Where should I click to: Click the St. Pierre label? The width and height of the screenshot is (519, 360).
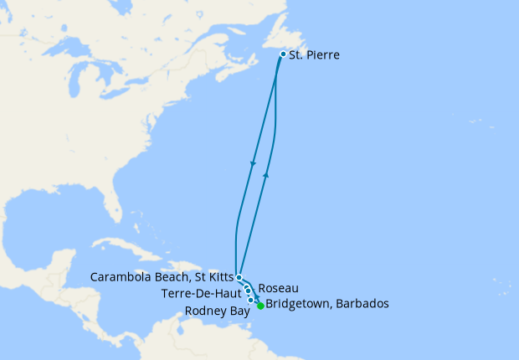tap(315, 55)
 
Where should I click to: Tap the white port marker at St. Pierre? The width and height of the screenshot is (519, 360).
tap(283, 54)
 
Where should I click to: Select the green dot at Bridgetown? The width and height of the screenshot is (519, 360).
tap(260, 306)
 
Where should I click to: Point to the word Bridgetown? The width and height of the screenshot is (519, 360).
tap(298, 304)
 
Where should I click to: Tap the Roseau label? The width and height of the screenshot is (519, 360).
tap(279, 287)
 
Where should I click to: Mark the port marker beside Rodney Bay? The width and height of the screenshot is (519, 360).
tap(251, 299)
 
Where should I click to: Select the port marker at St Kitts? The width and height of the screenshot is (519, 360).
tap(239, 277)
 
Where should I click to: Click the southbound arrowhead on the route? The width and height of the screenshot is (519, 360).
tap(253, 162)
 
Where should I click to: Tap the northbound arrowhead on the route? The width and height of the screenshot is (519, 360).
tap(266, 174)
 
